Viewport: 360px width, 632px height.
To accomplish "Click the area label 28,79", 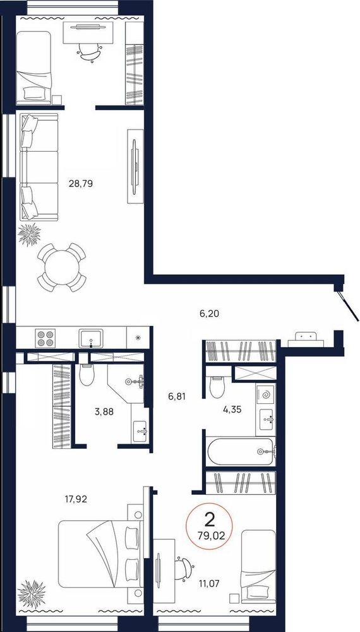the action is click(81, 184).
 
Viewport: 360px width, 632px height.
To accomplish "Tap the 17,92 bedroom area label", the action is click(76, 499).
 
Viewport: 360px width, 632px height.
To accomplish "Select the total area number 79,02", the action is click(208, 536).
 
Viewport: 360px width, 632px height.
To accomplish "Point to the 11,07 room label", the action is click(208, 583).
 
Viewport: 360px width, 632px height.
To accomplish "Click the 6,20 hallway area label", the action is click(210, 313).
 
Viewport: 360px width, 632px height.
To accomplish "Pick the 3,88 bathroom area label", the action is click(104, 411).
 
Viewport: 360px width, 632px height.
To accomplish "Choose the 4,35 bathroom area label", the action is click(233, 410).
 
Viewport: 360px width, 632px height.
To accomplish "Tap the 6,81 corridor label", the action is click(177, 397).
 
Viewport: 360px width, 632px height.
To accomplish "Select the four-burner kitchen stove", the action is click(44, 337).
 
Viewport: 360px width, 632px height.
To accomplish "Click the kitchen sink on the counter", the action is click(90, 337).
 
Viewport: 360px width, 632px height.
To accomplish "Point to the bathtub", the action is click(241, 451).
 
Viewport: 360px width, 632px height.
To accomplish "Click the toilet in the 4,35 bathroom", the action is click(217, 387).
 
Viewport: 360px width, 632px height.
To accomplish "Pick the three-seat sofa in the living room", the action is click(39, 167).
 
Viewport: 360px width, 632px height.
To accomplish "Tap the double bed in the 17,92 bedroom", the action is click(100, 554).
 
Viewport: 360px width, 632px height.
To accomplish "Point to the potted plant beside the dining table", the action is click(30, 234).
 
